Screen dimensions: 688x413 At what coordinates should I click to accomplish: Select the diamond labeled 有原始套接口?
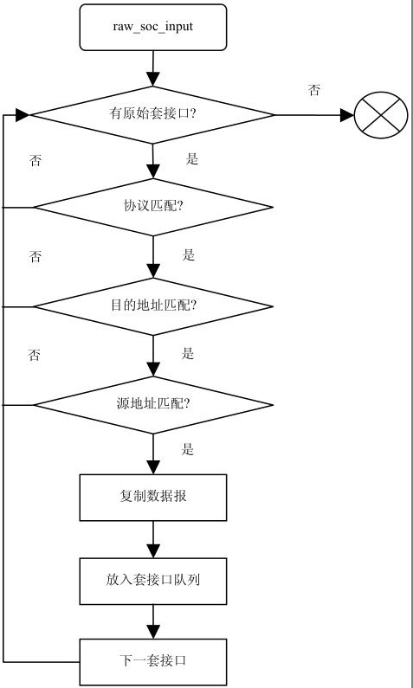153,114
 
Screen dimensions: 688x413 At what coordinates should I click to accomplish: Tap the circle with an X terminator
381,114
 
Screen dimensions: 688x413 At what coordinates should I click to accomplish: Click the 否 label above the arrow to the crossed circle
313,91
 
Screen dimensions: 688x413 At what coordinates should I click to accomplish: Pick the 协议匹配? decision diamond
153,208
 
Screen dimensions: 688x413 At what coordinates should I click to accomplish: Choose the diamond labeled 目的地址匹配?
153,306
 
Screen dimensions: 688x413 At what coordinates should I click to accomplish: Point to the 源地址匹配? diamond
153,404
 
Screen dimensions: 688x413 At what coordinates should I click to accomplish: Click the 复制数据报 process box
153,498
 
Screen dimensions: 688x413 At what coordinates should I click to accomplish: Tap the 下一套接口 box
153,662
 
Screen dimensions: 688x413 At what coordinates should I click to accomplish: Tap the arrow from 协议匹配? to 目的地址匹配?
153,257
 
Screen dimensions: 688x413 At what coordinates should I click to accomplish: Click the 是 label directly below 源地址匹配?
188,449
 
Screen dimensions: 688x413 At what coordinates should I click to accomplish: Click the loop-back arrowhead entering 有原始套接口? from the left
23,114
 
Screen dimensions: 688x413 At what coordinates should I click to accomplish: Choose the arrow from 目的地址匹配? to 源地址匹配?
153,356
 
